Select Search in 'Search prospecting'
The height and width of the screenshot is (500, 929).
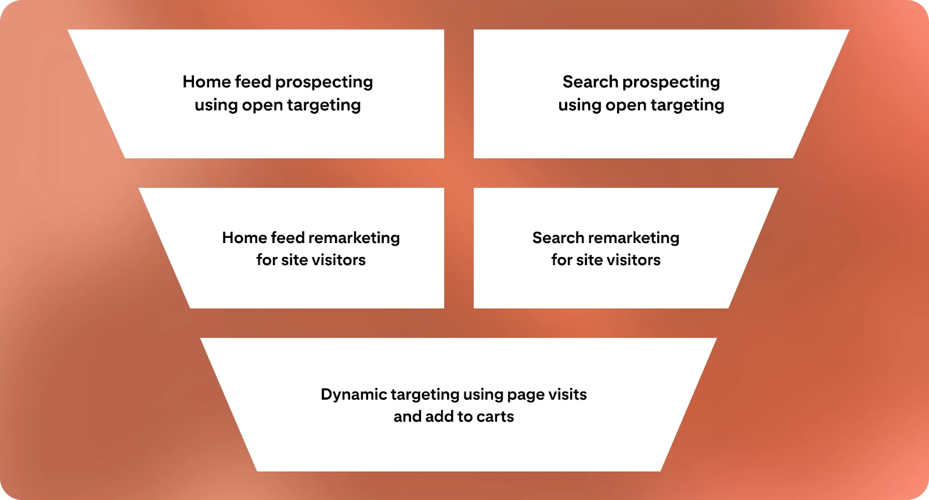(590, 82)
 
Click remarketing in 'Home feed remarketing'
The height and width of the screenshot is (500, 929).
(354, 238)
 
